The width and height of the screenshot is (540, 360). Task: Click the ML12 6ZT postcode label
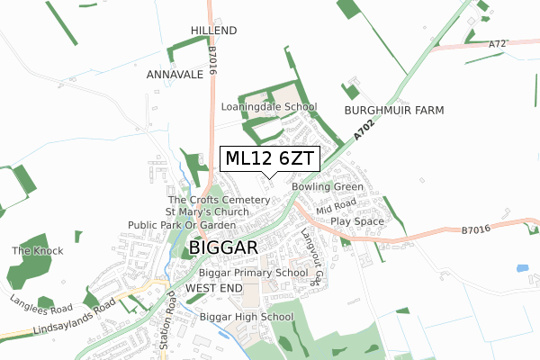point(269,158)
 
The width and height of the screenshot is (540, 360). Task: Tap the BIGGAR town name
point(224,247)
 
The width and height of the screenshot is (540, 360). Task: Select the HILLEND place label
point(213,31)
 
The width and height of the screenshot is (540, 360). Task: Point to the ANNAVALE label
point(175,75)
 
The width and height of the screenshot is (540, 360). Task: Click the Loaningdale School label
point(269,106)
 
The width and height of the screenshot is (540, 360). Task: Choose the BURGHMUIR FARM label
point(394,110)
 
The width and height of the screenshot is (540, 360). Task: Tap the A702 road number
point(362,130)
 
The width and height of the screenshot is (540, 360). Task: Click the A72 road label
point(499,43)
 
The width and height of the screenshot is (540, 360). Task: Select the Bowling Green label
point(327,187)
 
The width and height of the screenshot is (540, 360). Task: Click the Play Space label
point(356,220)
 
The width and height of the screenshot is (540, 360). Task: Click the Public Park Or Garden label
point(181,224)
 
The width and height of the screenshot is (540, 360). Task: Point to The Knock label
point(32,250)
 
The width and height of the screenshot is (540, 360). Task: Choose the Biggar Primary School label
point(254,273)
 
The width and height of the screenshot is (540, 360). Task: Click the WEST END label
point(214,287)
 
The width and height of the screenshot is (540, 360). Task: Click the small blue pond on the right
point(522,268)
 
